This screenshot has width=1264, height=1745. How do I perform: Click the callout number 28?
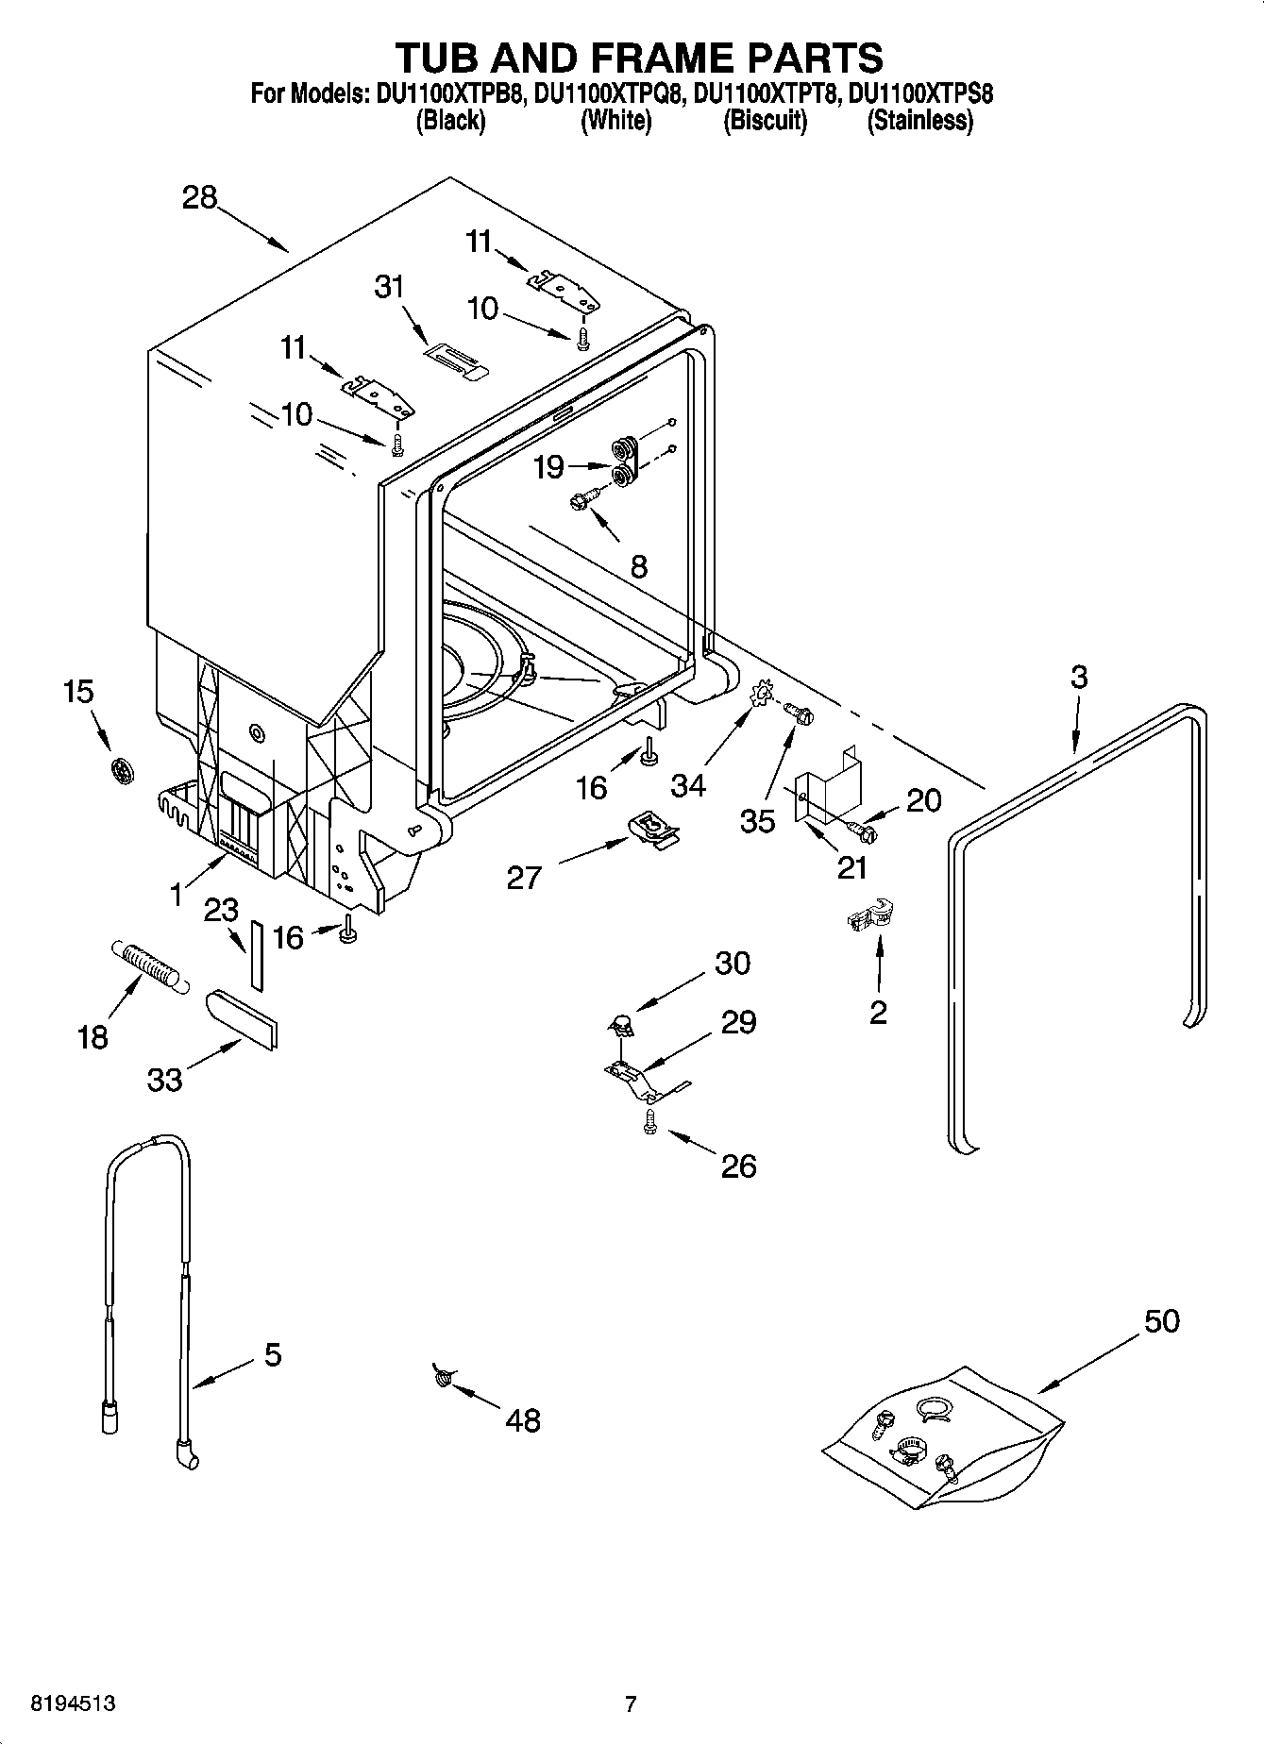coord(200,198)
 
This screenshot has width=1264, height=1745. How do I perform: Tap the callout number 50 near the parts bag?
coord(1161,1321)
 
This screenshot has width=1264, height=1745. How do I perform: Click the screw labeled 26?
coord(649,1121)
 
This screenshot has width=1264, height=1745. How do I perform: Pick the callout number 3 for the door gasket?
coord(1079,677)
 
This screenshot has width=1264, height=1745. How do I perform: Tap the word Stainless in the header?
coord(919,121)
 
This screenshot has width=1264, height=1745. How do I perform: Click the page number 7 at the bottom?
coord(631,1703)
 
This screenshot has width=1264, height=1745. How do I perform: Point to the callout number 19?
coord(548,466)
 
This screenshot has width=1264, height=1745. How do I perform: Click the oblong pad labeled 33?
coord(242,1019)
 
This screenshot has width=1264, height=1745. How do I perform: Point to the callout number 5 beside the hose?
coord(272,1355)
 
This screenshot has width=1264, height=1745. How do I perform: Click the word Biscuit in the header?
coord(765,121)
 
